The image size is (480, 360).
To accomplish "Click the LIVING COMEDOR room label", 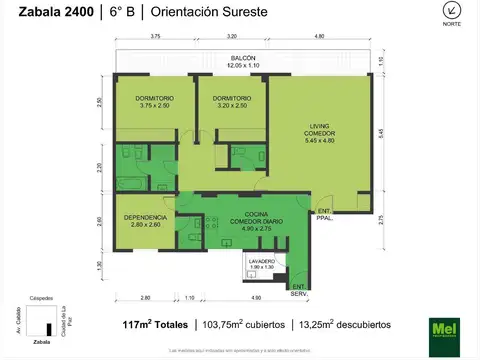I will tap(321, 132).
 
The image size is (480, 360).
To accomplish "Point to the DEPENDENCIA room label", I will tap(146, 220).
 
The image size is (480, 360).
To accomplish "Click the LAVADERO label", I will tap(261, 262).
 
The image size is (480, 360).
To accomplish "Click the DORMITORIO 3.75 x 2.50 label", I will tap(156, 101).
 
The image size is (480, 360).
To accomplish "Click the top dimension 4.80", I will tap(319, 37).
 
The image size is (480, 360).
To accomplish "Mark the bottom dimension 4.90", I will tap(256, 298).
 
